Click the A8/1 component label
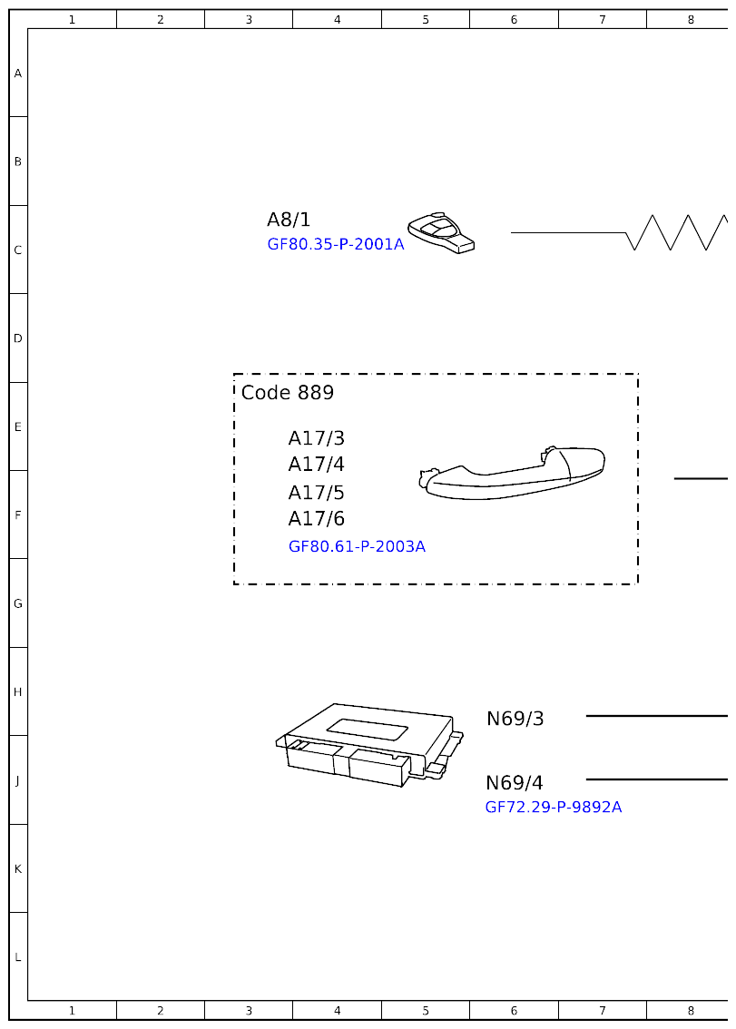[x=289, y=220]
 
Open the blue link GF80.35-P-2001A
[x=336, y=244]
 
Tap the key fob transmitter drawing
[x=441, y=233]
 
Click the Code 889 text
[x=288, y=393]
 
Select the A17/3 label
[x=317, y=438]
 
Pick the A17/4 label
[x=317, y=465]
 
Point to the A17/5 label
[x=317, y=493]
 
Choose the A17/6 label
[x=317, y=519]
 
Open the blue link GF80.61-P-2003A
[x=357, y=546]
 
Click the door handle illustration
[x=513, y=472]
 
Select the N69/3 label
[x=515, y=719]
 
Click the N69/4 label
[x=515, y=783]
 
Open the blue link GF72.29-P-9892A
[x=554, y=807]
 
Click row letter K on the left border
[x=17, y=868]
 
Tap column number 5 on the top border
[x=426, y=19]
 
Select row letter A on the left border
[x=17, y=73]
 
